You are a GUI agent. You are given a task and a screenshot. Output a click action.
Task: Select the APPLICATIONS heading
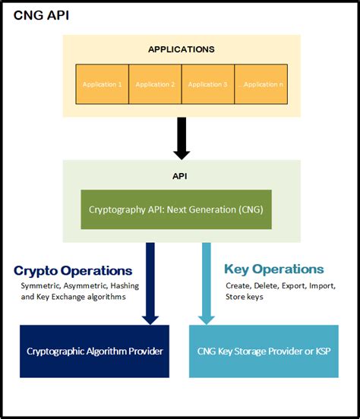pyautogui.click(x=181, y=49)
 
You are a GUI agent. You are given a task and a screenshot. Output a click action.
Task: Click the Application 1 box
pyautogui.click(x=103, y=84)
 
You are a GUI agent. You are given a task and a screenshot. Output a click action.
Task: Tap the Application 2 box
pyautogui.click(x=155, y=84)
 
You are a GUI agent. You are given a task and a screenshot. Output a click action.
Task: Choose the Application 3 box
pyautogui.click(x=207, y=84)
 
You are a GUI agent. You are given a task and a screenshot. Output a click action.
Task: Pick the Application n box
pyautogui.click(x=261, y=84)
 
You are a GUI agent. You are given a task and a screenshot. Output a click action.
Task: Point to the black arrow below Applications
pyautogui.click(x=181, y=138)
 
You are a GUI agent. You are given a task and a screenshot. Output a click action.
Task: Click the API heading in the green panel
pyautogui.click(x=181, y=175)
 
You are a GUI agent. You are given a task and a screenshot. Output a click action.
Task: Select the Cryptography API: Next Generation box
pyautogui.click(x=176, y=209)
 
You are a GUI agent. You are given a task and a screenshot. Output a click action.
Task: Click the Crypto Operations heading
pyautogui.click(x=73, y=270)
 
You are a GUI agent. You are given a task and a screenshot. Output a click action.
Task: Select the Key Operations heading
pyautogui.click(x=274, y=269)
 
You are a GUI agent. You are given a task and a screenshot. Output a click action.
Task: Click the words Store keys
pyautogui.click(x=245, y=296)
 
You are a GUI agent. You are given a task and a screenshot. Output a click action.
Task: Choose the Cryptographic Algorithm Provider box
pyautogui.click(x=95, y=351)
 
